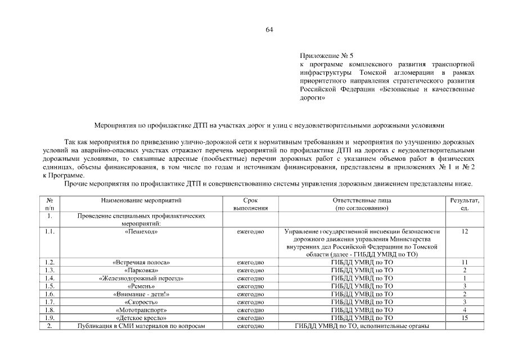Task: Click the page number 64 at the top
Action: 269,30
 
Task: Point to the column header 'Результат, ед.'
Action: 465,204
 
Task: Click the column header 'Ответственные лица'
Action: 362,200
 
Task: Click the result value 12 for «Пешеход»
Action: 465,231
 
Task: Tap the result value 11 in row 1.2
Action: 465,263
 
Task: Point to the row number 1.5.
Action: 50,286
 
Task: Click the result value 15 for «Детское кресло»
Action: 465,318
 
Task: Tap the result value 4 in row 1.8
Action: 465,310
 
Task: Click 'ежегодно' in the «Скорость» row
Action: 250,302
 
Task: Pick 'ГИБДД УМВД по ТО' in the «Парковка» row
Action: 362,271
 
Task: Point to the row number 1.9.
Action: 50,318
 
